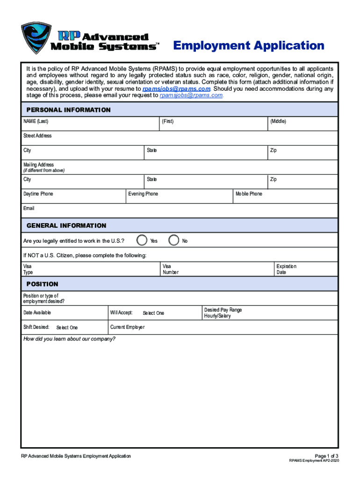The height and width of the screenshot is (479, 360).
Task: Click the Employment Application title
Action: (249, 46)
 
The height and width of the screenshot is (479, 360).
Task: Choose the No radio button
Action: (174, 240)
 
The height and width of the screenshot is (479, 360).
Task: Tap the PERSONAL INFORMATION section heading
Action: (68, 110)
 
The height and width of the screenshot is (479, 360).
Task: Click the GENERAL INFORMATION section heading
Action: (66, 225)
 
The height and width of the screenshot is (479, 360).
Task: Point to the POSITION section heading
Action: (43, 284)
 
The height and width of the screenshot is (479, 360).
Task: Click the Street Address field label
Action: (37, 136)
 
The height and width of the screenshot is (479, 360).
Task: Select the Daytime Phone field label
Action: (38, 194)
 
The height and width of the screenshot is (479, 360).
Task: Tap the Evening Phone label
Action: (144, 194)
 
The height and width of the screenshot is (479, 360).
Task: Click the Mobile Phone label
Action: (249, 194)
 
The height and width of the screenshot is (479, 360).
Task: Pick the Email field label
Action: (29, 208)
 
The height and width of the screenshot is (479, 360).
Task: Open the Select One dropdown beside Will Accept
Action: (153, 313)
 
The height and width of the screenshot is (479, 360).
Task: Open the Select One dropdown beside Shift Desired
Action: (67, 327)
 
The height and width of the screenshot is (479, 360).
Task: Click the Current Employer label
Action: (128, 327)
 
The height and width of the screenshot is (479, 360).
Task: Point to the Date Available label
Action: (37, 312)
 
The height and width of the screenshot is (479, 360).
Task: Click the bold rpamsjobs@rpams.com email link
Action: (177, 88)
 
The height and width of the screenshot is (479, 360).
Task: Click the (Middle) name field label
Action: (278, 121)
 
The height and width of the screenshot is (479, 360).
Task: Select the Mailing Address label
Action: (39, 165)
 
